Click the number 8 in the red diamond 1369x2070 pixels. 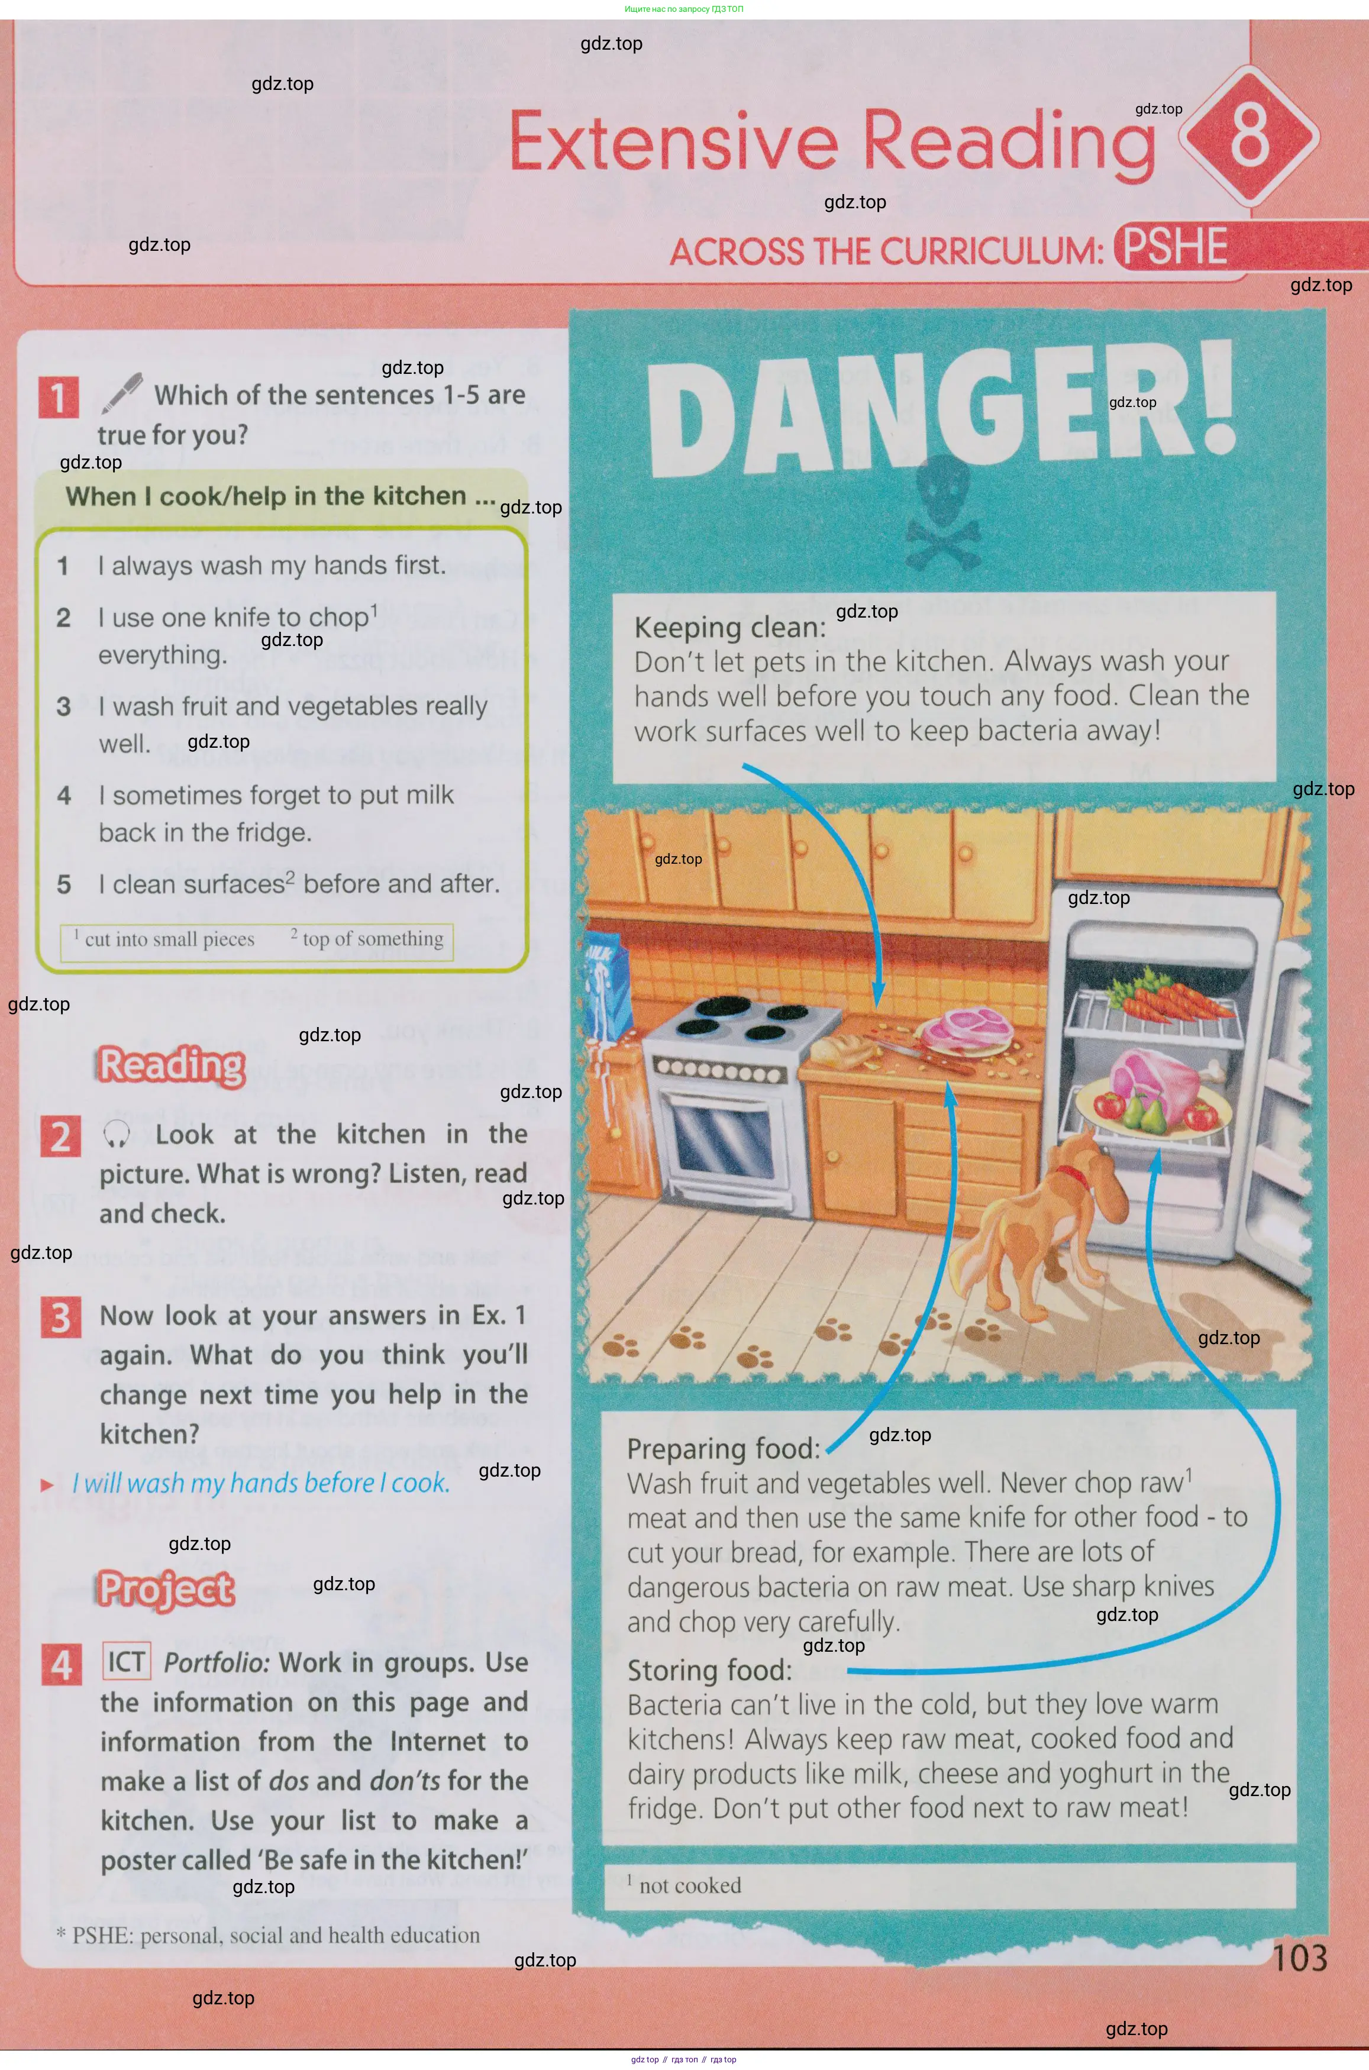click(1249, 135)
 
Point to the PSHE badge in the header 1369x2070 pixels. click(1175, 247)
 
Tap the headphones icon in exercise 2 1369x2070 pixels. click(116, 1134)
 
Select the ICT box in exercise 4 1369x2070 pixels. click(127, 1661)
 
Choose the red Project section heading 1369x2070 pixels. click(166, 1590)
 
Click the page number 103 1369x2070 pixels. click(1299, 1958)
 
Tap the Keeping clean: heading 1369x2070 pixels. click(730, 627)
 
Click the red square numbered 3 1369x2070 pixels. click(60, 1316)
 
